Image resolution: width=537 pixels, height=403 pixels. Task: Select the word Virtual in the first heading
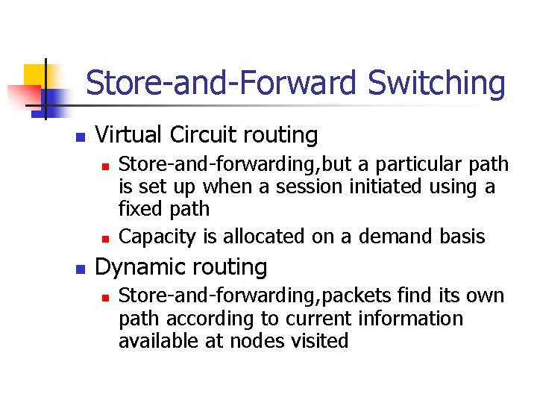pyautogui.click(x=131, y=135)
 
